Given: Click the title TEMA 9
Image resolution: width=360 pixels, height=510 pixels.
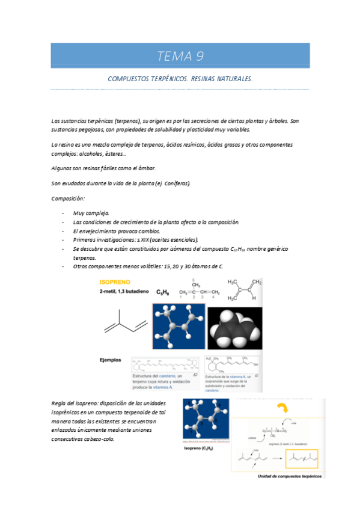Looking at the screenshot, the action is (180, 57).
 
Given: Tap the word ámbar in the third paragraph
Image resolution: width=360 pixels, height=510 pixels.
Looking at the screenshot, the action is (155, 168).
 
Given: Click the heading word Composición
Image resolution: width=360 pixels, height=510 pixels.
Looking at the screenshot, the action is (68, 198).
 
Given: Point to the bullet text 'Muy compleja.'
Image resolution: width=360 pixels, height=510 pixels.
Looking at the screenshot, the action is (91, 213).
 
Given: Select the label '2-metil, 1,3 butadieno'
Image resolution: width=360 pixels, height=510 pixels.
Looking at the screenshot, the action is (124, 292).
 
